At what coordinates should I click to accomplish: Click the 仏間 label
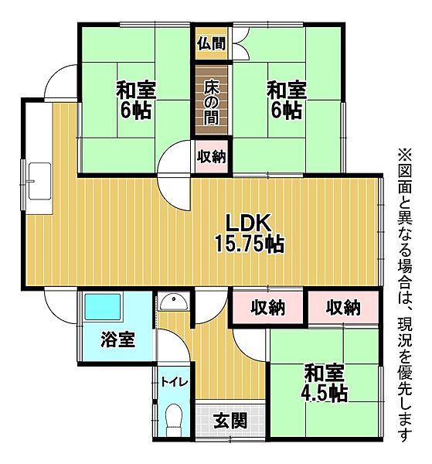tap(211, 43)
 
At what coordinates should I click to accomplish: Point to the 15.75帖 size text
tap(249, 245)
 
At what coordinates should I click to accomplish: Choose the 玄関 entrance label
tap(230, 421)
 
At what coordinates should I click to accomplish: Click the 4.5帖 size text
tap(325, 393)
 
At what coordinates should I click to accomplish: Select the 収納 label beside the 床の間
tap(211, 157)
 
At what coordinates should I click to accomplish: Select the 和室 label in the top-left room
tap(136, 89)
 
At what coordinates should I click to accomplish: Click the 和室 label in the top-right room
tap(287, 89)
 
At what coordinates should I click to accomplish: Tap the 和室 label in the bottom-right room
tap(324, 370)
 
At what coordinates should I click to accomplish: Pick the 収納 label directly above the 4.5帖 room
tap(268, 308)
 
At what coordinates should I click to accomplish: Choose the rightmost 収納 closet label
tap(343, 308)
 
